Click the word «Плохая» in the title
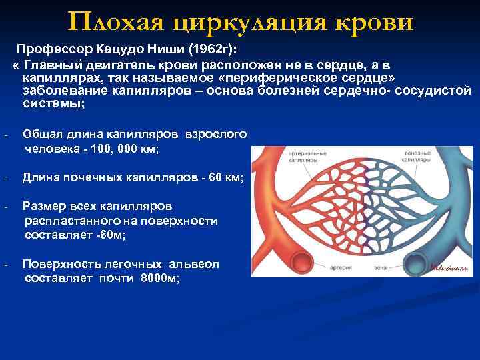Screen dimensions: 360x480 coord(116,23)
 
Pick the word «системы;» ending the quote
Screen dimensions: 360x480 coord(54,103)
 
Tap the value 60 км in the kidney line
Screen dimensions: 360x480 coord(225,178)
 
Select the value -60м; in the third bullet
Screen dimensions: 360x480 coord(109,235)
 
